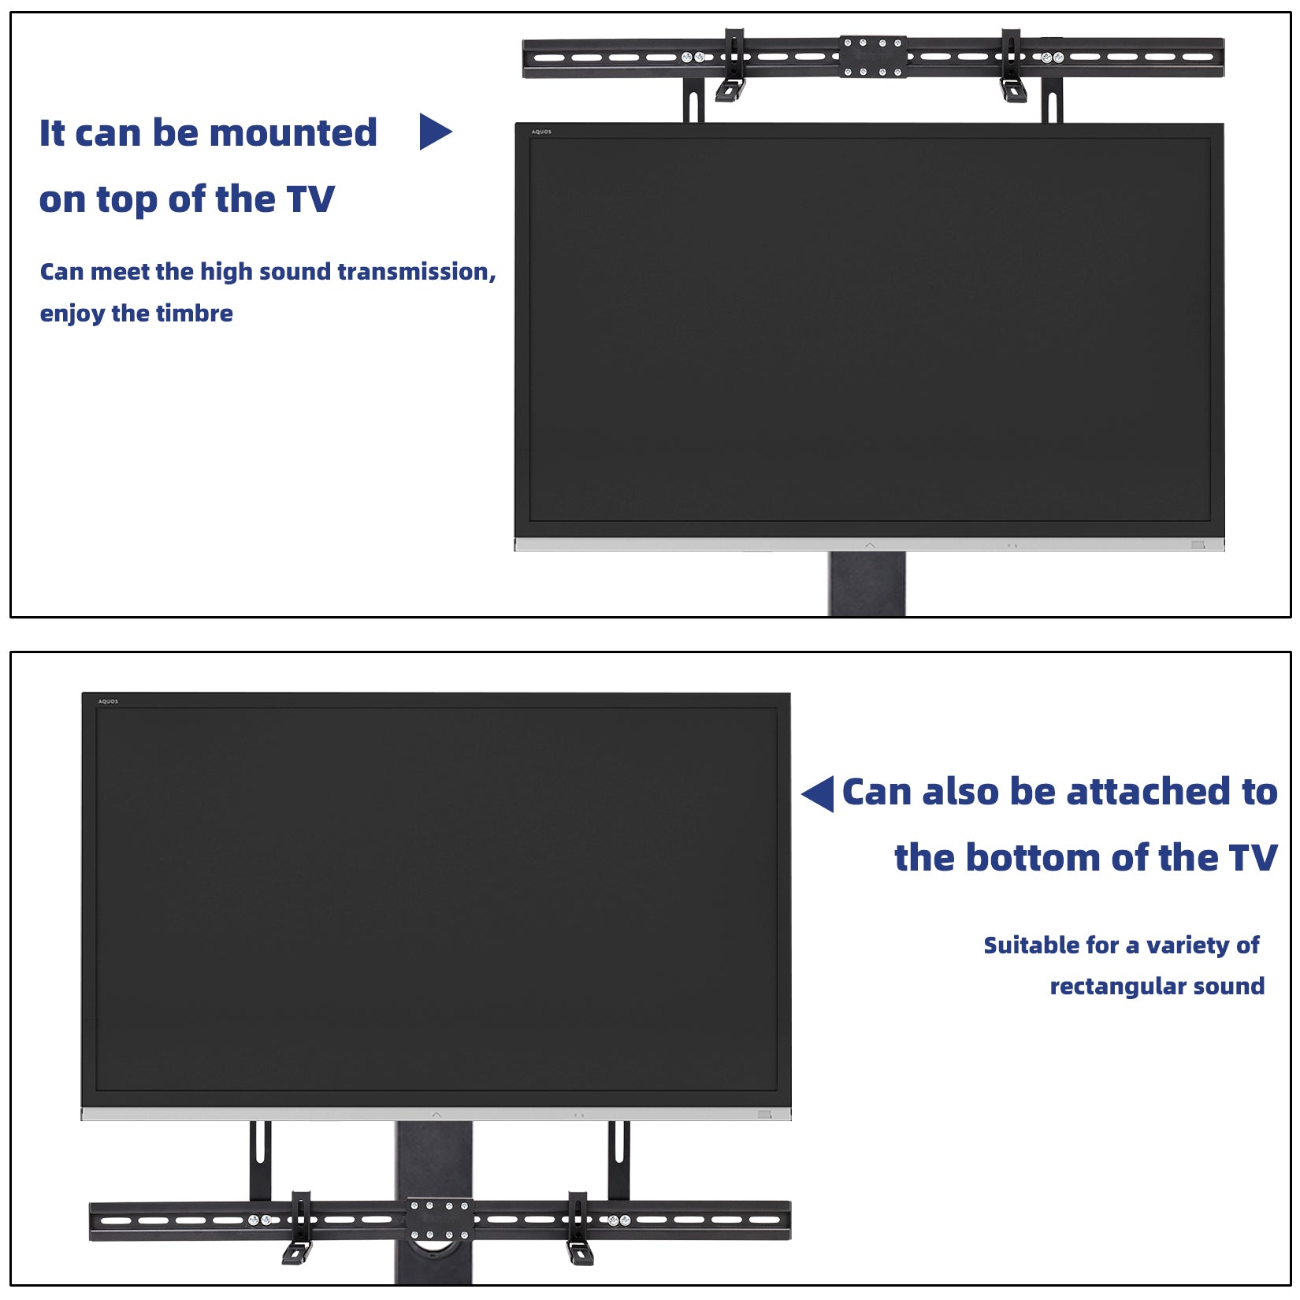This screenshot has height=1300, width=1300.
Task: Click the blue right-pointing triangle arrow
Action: [x=434, y=132]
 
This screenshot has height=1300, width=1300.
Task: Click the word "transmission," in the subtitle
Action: [x=418, y=272]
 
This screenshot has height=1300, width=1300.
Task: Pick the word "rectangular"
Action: [x=1116, y=986]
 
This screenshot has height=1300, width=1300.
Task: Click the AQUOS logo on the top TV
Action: [x=541, y=132]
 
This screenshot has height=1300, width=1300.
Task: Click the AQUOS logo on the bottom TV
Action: [x=108, y=701]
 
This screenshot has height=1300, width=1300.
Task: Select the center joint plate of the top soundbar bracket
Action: [x=872, y=57]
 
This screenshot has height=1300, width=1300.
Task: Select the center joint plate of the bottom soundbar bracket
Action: [x=440, y=1220]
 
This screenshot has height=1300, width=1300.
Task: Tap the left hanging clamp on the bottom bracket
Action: [x=299, y=1229]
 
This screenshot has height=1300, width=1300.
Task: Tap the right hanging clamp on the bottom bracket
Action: [x=578, y=1229]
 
